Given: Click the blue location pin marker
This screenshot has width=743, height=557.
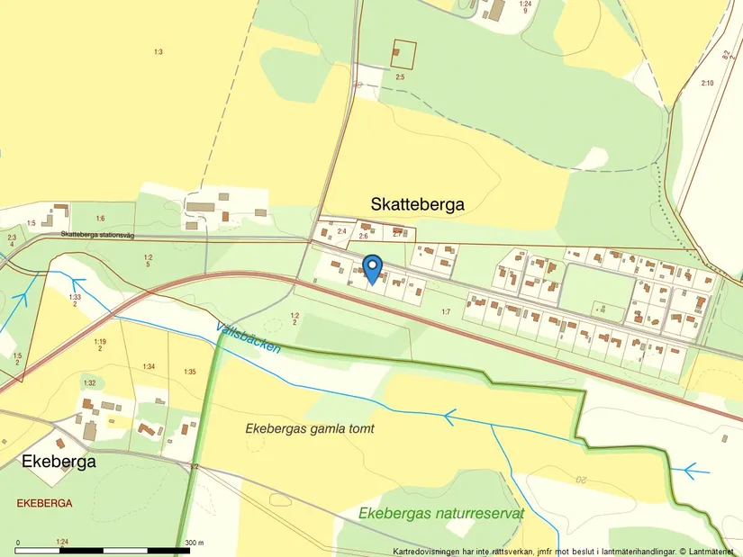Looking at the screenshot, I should point(371,268).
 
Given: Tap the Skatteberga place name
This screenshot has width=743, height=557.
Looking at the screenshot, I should point(418,204).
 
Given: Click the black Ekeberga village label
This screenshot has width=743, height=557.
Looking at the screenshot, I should point(58,462).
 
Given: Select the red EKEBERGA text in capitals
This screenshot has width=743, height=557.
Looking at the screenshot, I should point(44,503).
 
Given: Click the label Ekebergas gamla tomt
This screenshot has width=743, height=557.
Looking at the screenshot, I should point(309,429).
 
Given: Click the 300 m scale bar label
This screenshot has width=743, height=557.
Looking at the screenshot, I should point(195,543).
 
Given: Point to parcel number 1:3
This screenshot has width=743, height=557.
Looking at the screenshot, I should point(158,52).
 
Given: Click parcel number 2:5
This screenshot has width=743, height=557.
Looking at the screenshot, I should point(401,77).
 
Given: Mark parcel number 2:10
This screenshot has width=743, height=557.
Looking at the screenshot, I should point(707,83).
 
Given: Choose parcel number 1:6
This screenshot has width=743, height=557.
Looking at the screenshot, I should point(100,219).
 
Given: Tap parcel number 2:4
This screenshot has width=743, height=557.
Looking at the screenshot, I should point(341,232).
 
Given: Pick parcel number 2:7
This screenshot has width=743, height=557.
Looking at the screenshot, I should point(398,234).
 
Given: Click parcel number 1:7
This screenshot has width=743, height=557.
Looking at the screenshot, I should point(445,311).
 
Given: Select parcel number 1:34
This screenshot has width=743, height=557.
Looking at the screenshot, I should point(149,366).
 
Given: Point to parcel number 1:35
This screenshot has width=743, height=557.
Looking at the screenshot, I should point(189,372).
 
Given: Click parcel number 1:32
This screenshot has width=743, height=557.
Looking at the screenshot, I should point(89,383).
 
